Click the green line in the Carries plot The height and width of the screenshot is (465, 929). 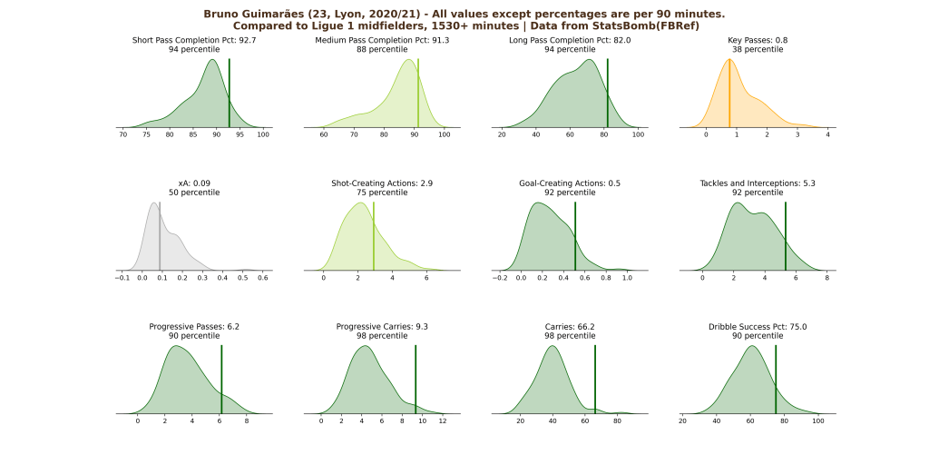tap(594, 381)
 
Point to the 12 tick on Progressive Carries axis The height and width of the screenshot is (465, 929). tap(442, 421)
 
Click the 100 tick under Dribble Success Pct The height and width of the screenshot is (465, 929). tap(818, 421)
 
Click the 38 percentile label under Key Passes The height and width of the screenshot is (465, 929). tap(757, 49)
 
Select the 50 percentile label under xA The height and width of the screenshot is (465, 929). tap(187, 193)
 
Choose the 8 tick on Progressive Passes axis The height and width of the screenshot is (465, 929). tap(247, 421)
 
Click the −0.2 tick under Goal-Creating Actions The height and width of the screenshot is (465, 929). tap(499, 278)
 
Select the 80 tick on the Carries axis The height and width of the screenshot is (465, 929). tap(618, 421)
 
